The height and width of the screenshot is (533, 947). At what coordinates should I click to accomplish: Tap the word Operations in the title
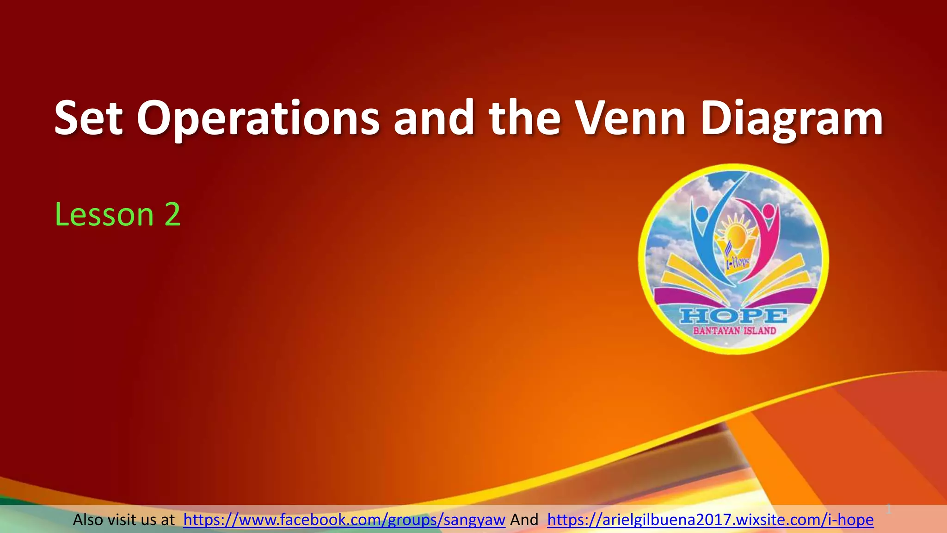point(258,118)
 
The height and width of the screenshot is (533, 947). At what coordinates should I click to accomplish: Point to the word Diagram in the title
point(792,119)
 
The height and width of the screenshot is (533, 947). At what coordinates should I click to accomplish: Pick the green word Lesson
point(104,215)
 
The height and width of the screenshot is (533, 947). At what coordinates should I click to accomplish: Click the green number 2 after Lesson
point(172,215)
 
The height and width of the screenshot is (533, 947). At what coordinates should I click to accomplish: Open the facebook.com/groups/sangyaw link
point(344,520)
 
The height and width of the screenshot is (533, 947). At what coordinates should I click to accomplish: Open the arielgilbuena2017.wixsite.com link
point(710,520)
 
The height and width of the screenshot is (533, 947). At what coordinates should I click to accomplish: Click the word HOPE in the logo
point(733,316)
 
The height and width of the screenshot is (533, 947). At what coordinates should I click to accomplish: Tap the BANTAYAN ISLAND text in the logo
point(734,331)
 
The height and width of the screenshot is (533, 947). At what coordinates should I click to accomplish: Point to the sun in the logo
point(736,230)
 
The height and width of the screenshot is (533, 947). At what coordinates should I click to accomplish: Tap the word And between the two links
point(524,520)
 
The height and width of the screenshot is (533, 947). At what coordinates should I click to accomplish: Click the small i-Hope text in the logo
point(737,263)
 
